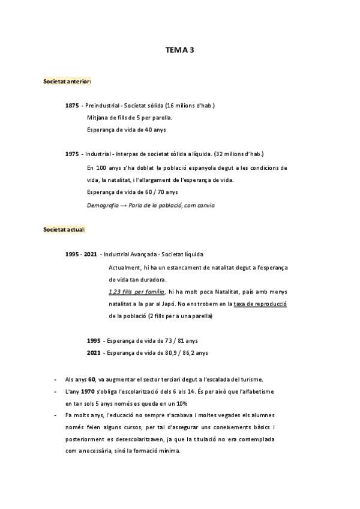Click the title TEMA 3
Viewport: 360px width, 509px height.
coord(180,51)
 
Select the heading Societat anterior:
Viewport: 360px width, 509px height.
coord(67,80)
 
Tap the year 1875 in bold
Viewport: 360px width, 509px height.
coord(72,106)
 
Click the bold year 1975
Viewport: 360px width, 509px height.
coord(72,154)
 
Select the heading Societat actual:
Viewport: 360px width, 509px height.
coord(65,229)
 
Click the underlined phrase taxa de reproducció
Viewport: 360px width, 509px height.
coord(260,304)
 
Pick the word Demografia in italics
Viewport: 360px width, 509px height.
coord(103,205)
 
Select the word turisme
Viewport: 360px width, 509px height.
coord(248,379)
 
